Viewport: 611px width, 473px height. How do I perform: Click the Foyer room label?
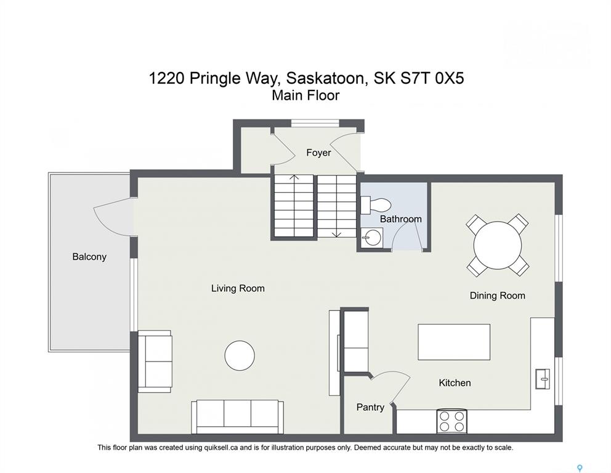click(x=318, y=153)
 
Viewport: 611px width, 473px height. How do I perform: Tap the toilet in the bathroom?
click(x=375, y=205)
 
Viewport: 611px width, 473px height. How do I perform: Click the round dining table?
click(x=498, y=246)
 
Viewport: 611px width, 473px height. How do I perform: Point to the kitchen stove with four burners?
click(x=452, y=421)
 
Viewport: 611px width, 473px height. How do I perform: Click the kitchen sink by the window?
click(x=543, y=378)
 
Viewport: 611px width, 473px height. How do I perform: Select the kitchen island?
click(x=454, y=342)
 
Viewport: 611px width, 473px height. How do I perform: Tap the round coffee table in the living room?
click(x=240, y=356)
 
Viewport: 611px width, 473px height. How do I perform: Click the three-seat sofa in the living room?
click(x=237, y=416)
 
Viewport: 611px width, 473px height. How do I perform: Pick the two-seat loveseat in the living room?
click(x=155, y=361)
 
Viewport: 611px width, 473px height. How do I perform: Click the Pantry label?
click(x=370, y=408)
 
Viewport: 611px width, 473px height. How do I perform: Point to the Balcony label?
click(x=89, y=257)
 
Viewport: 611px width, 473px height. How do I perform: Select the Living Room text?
click(x=238, y=289)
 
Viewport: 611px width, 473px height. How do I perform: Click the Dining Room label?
click(x=497, y=296)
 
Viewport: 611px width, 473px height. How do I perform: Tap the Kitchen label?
click(x=455, y=383)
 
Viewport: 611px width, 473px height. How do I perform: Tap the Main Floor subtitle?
click(x=305, y=95)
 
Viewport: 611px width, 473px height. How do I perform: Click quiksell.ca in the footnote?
click(x=221, y=448)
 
